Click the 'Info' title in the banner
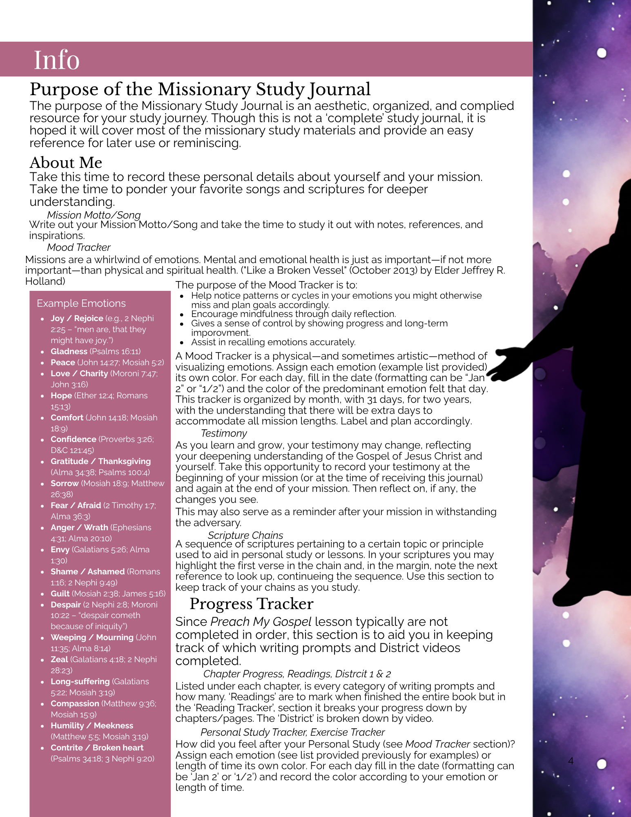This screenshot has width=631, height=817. pyautogui.click(x=56, y=60)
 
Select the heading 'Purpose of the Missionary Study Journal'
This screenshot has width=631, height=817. pyautogui.click(x=200, y=89)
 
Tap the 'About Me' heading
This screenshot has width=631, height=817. pyautogui.click(x=66, y=163)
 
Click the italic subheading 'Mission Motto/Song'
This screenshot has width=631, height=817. pyautogui.click(x=94, y=215)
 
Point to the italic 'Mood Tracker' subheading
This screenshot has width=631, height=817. pyautogui.click(x=78, y=247)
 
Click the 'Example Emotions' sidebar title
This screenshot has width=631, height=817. pyautogui.click(x=81, y=303)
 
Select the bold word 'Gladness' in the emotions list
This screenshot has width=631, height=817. pyautogui.click(x=69, y=351)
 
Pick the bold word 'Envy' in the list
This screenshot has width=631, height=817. pyautogui.click(x=60, y=549)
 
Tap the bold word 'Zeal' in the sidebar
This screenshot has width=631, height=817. pyautogui.click(x=59, y=659)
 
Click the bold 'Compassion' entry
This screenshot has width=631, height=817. pyautogui.click(x=75, y=703)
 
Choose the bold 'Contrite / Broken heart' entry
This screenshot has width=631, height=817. pyautogui.click(x=97, y=748)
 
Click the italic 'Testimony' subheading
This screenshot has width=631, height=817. pyautogui.click(x=224, y=433)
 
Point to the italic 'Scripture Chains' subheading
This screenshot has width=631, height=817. pyautogui.click(x=245, y=535)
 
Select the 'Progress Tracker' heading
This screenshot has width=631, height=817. pyautogui.click(x=251, y=604)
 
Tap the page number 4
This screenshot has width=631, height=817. pyautogui.click(x=571, y=761)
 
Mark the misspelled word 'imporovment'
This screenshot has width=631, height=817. pyautogui.click(x=221, y=333)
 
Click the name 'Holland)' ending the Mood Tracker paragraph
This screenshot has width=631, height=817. pyautogui.click(x=45, y=281)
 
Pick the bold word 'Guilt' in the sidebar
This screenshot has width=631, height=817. pyautogui.click(x=60, y=594)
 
